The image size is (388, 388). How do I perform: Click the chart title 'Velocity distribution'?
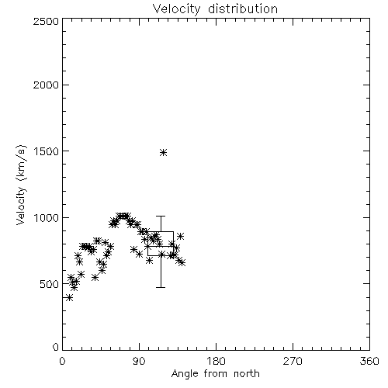tap(215, 9)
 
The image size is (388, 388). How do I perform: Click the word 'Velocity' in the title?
tap(176, 9)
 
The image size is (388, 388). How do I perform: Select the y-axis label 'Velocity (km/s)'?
tap(21, 185)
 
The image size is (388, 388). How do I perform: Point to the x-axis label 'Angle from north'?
tap(215, 374)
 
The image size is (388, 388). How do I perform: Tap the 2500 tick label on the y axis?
tap(46, 21)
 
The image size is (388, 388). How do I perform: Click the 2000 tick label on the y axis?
tap(46, 85)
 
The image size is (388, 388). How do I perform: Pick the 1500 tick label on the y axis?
tap(46, 151)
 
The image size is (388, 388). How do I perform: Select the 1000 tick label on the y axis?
tap(46, 217)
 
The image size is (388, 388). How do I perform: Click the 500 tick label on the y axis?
tap(50, 284)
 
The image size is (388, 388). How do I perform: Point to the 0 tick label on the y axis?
tap(56, 347)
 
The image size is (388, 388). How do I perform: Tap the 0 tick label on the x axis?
tap(62, 361)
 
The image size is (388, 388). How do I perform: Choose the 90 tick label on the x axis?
tap(139, 361)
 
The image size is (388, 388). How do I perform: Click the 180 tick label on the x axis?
tap(216, 361)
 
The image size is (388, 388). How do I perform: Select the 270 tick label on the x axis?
tap(293, 361)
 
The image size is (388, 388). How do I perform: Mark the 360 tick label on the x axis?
tap(369, 361)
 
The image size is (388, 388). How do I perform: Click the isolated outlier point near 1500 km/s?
tap(163, 152)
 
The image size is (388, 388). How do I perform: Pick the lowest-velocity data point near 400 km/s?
tap(69, 298)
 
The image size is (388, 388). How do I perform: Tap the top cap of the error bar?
tap(161, 216)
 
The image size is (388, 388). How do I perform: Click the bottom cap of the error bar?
tap(161, 287)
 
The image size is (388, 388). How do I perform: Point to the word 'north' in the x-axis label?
tap(247, 374)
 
